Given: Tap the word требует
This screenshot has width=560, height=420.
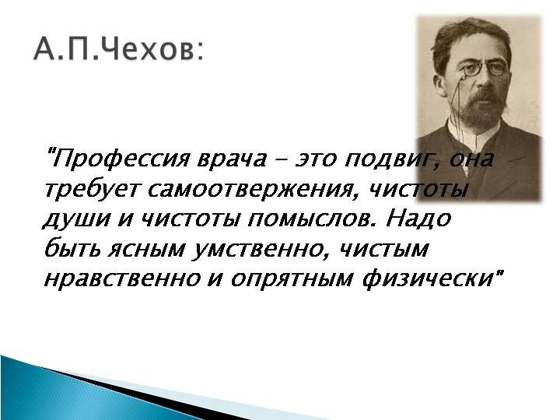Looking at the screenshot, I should (x=90, y=190).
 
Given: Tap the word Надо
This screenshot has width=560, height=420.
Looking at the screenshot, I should (x=419, y=219).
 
